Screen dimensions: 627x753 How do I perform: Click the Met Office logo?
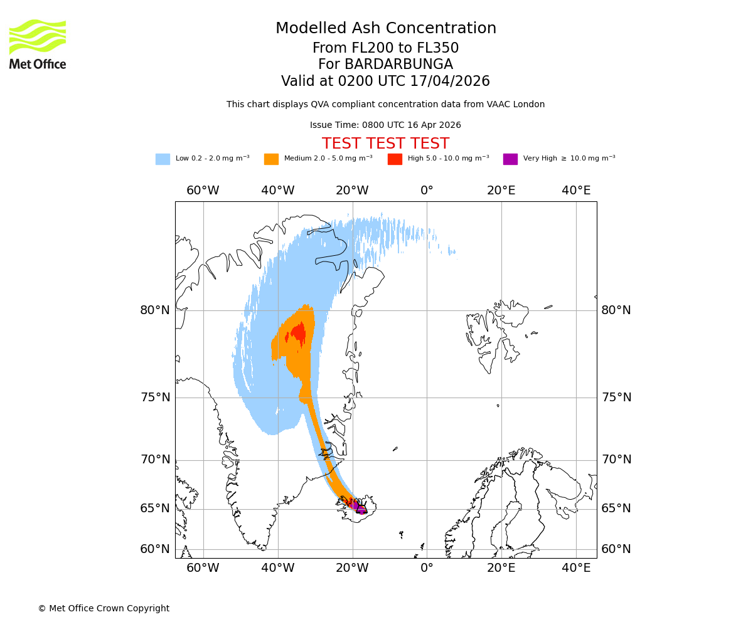[38, 44]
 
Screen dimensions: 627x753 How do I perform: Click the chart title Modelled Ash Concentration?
[385, 28]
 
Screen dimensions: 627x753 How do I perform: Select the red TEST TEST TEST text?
[385, 144]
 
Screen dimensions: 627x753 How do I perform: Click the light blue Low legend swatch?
[163, 159]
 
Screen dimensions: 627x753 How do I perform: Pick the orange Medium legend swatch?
[271, 159]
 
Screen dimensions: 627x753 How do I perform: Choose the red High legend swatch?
[395, 159]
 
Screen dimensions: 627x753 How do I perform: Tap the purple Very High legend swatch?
[510, 159]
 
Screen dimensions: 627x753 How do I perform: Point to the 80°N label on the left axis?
[155, 310]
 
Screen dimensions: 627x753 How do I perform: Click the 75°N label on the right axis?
[616, 398]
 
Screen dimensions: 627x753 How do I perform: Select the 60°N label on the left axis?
[155, 549]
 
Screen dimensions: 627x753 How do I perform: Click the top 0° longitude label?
[427, 191]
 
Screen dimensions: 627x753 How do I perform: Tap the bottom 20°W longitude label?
[352, 568]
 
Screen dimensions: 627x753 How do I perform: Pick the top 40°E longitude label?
[576, 191]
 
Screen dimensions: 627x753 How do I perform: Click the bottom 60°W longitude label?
[203, 568]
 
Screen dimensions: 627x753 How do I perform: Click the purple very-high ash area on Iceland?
[357, 505]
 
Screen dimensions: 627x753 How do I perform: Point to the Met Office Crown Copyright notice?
[104, 608]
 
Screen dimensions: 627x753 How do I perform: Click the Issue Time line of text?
[385, 125]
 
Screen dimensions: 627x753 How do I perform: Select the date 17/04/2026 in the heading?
[450, 82]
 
